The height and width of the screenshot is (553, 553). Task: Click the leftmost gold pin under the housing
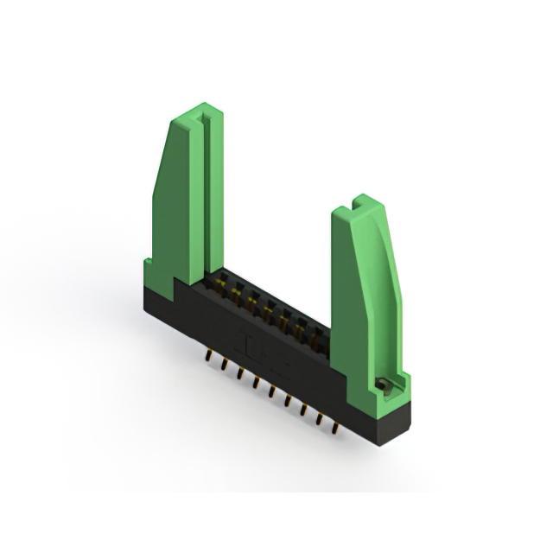(208, 355)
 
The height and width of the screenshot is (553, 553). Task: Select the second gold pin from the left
(224, 364)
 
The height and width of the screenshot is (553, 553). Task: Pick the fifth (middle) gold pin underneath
(271, 391)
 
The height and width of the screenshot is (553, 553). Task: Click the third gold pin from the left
(239, 372)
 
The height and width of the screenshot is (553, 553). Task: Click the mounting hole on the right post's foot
(379, 381)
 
